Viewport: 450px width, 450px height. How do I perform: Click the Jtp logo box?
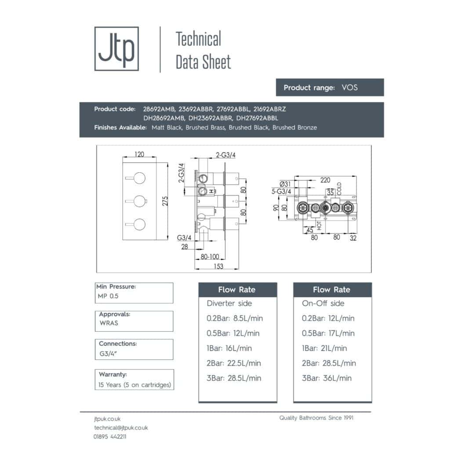coord(116,48)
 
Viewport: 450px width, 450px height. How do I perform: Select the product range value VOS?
coord(349,87)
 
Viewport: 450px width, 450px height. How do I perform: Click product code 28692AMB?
coord(159,109)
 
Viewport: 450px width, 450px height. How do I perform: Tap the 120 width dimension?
coord(139,155)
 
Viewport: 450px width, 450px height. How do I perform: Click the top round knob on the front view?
coord(140,178)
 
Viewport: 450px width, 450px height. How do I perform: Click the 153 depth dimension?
coord(218,266)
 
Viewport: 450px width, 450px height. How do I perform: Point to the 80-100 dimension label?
coord(210,257)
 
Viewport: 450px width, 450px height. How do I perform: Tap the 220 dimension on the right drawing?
coord(326,180)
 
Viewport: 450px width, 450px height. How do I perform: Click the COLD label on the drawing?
coord(339,189)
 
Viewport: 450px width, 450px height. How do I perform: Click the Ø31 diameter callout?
coord(286,184)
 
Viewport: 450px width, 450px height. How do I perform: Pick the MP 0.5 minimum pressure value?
coord(108,296)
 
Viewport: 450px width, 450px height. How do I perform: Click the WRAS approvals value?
coord(109,323)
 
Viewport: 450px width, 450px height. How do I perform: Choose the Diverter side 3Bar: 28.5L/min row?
coord(234,378)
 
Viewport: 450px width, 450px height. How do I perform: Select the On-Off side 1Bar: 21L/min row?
coord(324,348)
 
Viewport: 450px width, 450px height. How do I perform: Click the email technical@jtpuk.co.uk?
coord(121,428)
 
